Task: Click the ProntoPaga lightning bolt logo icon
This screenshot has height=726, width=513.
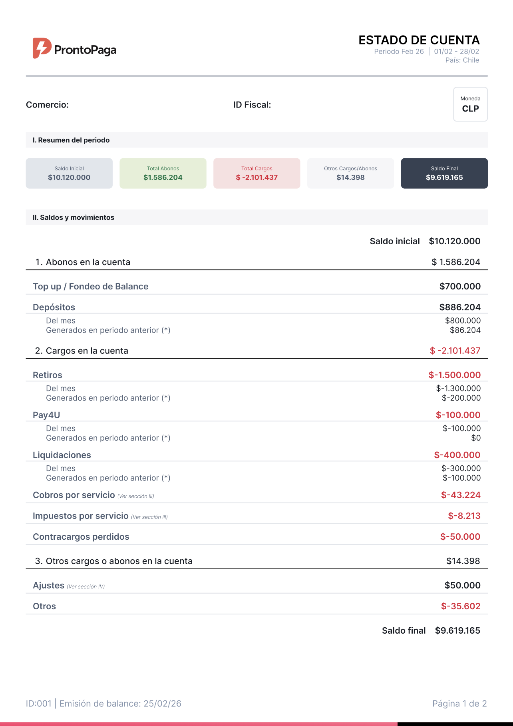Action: point(42,48)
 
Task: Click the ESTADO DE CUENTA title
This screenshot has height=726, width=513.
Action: point(419,40)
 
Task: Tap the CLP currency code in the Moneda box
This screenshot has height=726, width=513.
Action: point(470,109)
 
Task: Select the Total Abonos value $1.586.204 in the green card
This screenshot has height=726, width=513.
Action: point(163,178)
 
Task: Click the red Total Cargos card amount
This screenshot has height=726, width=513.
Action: point(256,178)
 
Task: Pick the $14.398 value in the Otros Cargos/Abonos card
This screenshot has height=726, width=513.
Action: point(350,178)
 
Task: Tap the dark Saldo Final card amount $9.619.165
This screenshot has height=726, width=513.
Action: point(444,178)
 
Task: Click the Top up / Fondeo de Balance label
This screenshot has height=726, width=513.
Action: point(90,286)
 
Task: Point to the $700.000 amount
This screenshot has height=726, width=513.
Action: point(460,286)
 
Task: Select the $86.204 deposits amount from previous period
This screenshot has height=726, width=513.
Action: point(465,330)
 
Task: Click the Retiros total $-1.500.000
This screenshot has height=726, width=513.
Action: point(454,375)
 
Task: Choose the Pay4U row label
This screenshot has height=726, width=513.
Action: point(46,415)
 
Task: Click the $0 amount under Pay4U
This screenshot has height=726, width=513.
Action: point(476,438)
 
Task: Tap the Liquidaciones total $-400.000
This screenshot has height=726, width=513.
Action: point(457,455)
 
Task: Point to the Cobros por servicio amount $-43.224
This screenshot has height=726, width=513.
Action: point(461,495)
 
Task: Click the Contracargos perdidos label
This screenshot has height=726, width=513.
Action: point(81,537)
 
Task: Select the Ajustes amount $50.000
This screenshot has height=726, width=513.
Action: point(462,585)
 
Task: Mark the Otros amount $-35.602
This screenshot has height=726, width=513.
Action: point(461,606)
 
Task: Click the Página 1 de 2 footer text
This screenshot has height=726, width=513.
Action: point(459,704)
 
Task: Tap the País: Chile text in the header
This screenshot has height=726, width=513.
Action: point(462,60)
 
